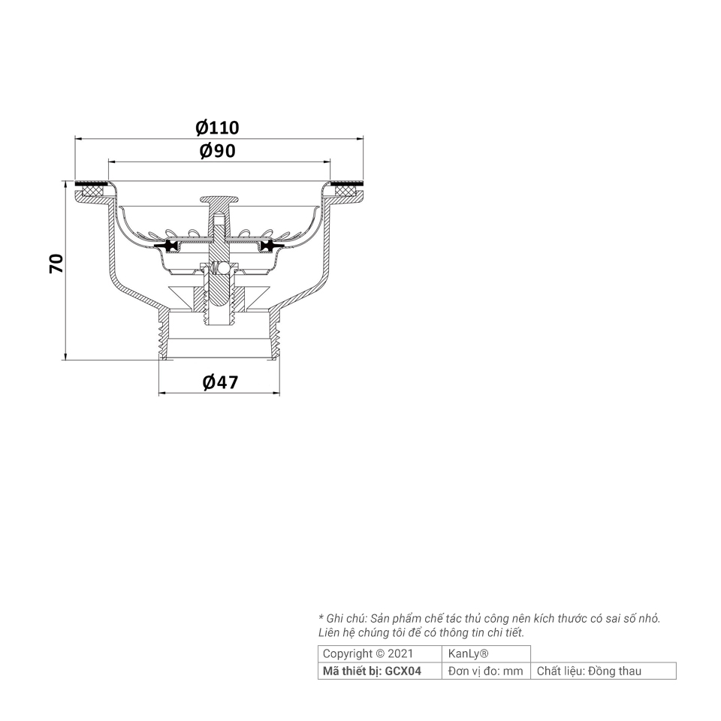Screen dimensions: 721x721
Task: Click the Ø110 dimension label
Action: (x=218, y=128)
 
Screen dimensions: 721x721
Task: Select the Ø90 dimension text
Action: (x=218, y=151)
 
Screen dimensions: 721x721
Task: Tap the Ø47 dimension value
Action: (x=220, y=382)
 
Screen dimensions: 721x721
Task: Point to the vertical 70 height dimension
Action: (x=56, y=263)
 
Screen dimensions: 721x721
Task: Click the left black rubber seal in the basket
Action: (x=167, y=246)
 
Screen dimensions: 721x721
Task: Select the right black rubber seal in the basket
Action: (x=270, y=246)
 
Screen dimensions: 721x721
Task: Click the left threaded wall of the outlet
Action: (x=164, y=334)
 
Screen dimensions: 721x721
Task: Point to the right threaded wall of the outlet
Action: (x=275, y=334)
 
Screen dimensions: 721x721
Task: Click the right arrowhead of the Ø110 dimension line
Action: (x=360, y=138)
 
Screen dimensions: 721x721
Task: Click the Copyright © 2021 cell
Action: (x=367, y=653)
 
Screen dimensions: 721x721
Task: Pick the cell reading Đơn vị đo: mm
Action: (x=485, y=671)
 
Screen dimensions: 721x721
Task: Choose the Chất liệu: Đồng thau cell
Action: (x=589, y=671)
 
